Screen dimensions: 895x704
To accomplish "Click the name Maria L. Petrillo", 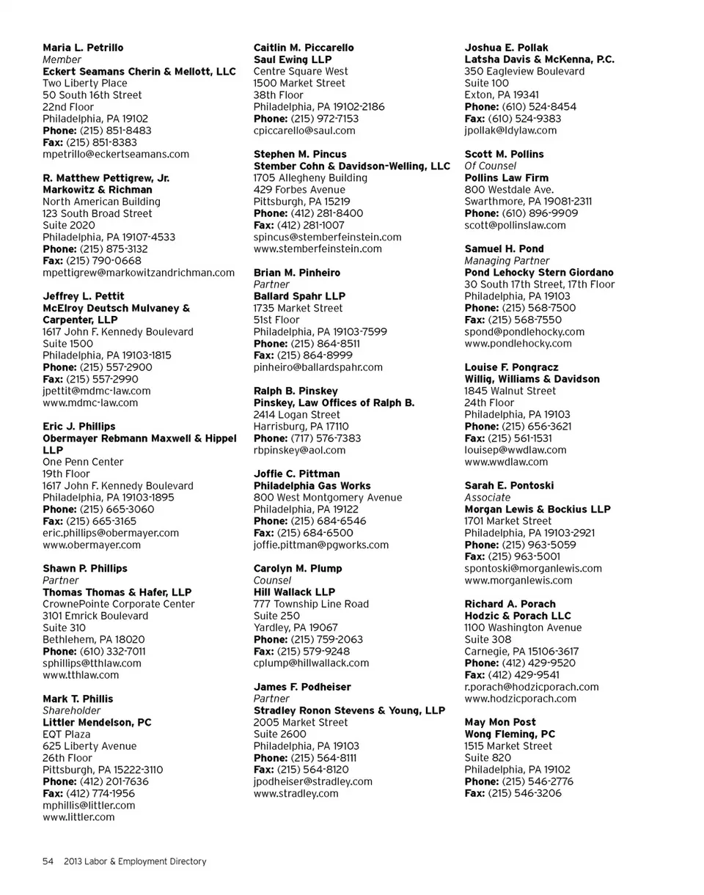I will click(83, 48).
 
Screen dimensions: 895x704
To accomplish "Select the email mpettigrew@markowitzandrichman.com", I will click(139, 273).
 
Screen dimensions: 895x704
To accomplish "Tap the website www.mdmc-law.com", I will click(90, 402).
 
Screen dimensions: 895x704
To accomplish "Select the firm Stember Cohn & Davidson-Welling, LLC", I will click(351, 166).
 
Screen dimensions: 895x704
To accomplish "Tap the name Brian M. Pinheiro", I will click(297, 273).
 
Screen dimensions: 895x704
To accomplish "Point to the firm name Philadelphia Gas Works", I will click(312, 486).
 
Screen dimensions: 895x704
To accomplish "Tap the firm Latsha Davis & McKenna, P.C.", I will click(539, 59).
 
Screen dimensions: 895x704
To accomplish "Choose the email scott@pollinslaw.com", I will click(515, 225).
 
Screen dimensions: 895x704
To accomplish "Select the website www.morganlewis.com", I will click(518, 581).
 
